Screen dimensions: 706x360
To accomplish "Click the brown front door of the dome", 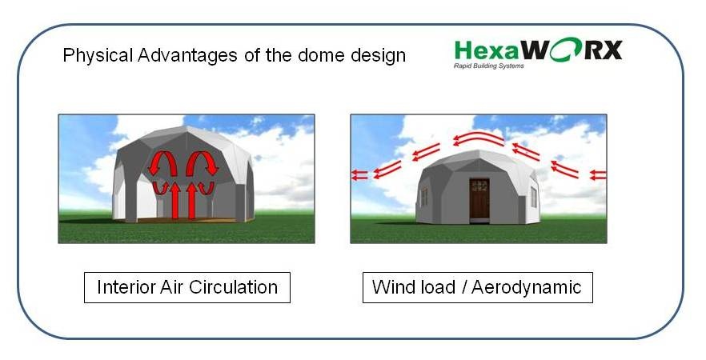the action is click(x=479, y=200).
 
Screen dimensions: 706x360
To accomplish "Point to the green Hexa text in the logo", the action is click(x=487, y=50).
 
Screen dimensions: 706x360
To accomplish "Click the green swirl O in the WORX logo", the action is click(x=571, y=49).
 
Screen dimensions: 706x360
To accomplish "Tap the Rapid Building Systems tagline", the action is click(x=488, y=66).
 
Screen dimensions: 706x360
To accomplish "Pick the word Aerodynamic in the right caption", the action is click(x=526, y=287).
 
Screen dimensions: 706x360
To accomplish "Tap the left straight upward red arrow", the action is click(x=176, y=201).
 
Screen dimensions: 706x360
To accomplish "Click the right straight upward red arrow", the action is click(x=192, y=201).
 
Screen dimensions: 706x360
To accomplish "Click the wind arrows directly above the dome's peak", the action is click(x=478, y=138).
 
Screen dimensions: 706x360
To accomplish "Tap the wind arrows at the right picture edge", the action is click(x=598, y=175).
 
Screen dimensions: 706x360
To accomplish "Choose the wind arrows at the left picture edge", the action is click(x=359, y=175).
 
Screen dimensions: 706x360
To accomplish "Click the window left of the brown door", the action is click(x=424, y=197).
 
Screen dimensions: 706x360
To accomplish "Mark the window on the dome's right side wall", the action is click(x=534, y=197).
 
